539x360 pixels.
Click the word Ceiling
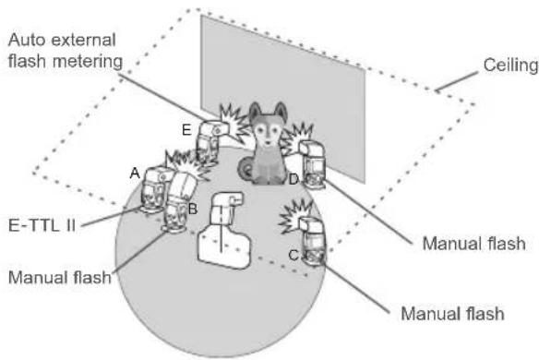point(510,65)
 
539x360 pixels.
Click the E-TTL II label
point(42,225)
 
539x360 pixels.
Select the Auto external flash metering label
point(66,51)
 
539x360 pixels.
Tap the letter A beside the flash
point(135,173)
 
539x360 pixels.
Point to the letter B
point(193,209)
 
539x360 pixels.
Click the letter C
point(293,255)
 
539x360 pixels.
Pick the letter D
point(293,179)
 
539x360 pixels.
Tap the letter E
point(186,130)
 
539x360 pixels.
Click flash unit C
point(312,242)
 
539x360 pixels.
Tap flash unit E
point(210,141)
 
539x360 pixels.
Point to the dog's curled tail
point(246,169)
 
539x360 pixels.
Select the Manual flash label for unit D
point(474,244)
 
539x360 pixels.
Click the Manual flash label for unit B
point(60,277)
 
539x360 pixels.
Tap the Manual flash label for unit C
point(453,314)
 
